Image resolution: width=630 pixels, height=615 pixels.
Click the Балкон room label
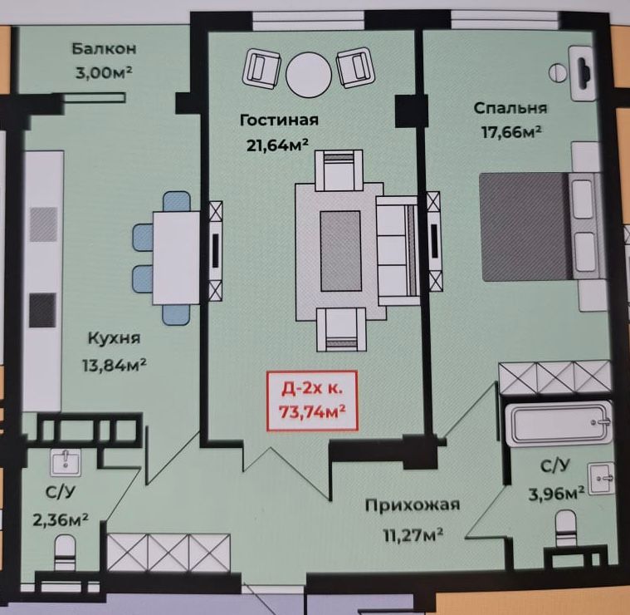pyautogui.click(x=104, y=49)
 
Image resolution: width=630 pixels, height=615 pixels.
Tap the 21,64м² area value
pyautogui.click(x=277, y=145)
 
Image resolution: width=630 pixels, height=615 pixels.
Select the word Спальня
pyautogui.click(x=510, y=108)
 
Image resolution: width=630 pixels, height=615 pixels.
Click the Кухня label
pyautogui.click(x=114, y=338)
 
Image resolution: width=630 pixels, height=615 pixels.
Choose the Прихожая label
pyautogui.click(x=413, y=504)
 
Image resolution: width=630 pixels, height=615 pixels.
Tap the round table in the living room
pyautogui.click(x=309, y=74)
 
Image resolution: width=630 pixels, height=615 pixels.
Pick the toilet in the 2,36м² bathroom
pyautogui.click(x=65, y=552)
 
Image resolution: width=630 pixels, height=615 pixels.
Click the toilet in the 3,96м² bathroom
pyautogui.click(x=566, y=528)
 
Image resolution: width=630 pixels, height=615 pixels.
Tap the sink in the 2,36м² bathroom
pyautogui.click(x=66, y=463)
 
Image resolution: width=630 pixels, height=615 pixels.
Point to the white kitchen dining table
pyautogui.click(x=176, y=258)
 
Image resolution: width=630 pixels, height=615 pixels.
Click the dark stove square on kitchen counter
pyautogui.click(x=42, y=310)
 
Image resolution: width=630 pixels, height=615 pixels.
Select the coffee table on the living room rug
pyautogui.click(x=340, y=251)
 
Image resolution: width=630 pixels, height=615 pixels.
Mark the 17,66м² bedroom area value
pyautogui.click(x=511, y=132)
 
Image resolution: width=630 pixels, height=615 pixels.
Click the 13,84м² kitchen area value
pyautogui.click(x=114, y=366)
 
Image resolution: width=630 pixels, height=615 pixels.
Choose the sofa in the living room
pyautogui.click(x=397, y=251)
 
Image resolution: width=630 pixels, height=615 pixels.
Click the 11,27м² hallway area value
pyautogui.click(x=413, y=536)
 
